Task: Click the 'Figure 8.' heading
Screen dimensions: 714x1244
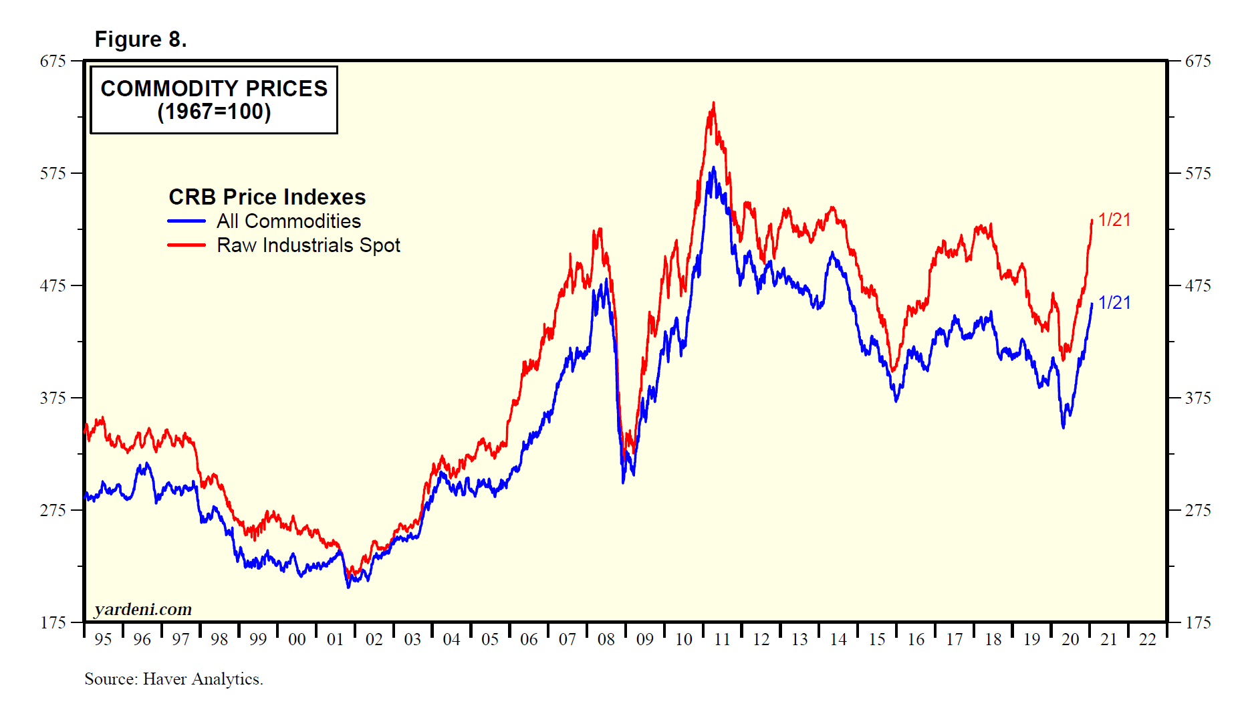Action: point(140,39)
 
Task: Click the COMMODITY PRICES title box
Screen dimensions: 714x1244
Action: point(214,100)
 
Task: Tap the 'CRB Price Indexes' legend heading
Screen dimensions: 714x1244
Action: point(267,197)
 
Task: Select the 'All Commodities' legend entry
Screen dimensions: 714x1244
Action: point(288,221)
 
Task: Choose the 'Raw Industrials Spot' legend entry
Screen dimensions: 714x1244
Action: point(308,245)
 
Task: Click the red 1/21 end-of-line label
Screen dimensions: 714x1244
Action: point(1114,220)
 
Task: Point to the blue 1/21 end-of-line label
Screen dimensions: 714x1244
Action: point(1114,303)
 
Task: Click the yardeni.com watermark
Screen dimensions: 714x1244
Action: point(143,609)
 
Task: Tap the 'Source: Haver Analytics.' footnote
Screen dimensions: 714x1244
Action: point(174,679)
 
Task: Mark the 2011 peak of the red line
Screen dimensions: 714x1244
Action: point(713,104)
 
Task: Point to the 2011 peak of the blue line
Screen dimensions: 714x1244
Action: point(713,168)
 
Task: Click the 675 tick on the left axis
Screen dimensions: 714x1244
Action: point(53,62)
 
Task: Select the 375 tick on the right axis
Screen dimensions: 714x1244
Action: point(1197,398)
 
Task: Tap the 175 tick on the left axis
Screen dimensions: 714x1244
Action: point(53,623)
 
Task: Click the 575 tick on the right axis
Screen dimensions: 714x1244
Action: point(1197,174)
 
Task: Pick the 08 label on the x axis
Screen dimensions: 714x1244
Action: point(606,640)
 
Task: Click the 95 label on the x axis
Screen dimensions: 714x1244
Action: point(103,640)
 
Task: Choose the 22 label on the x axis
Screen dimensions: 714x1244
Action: point(1148,640)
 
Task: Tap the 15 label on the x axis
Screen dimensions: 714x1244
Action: point(877,640)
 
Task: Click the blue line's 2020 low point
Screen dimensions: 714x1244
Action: point(1064,427)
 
